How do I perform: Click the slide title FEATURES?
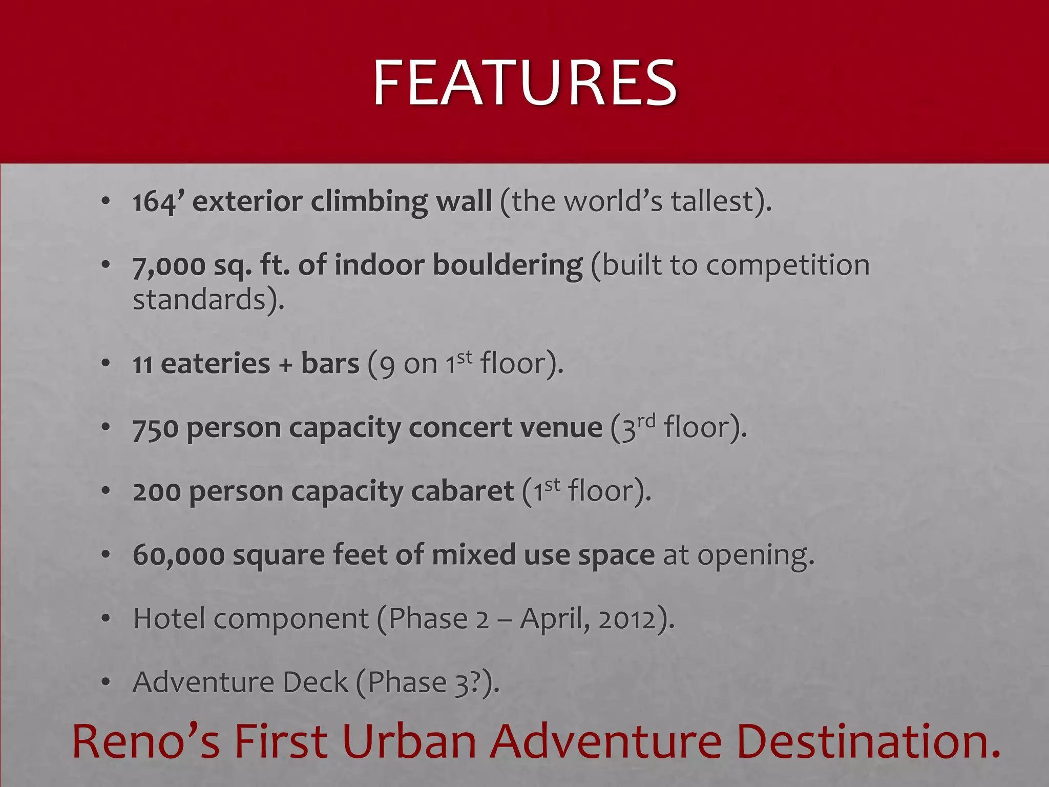524,83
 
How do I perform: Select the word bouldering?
508,265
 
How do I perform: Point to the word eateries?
215,364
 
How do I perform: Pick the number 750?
155,429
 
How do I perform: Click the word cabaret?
463,492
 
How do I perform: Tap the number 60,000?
178,555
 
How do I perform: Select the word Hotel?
169,618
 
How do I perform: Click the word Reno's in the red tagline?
146,741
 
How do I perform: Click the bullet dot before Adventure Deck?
106,683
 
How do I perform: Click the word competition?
786,265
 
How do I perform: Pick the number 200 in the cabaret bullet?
156,492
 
